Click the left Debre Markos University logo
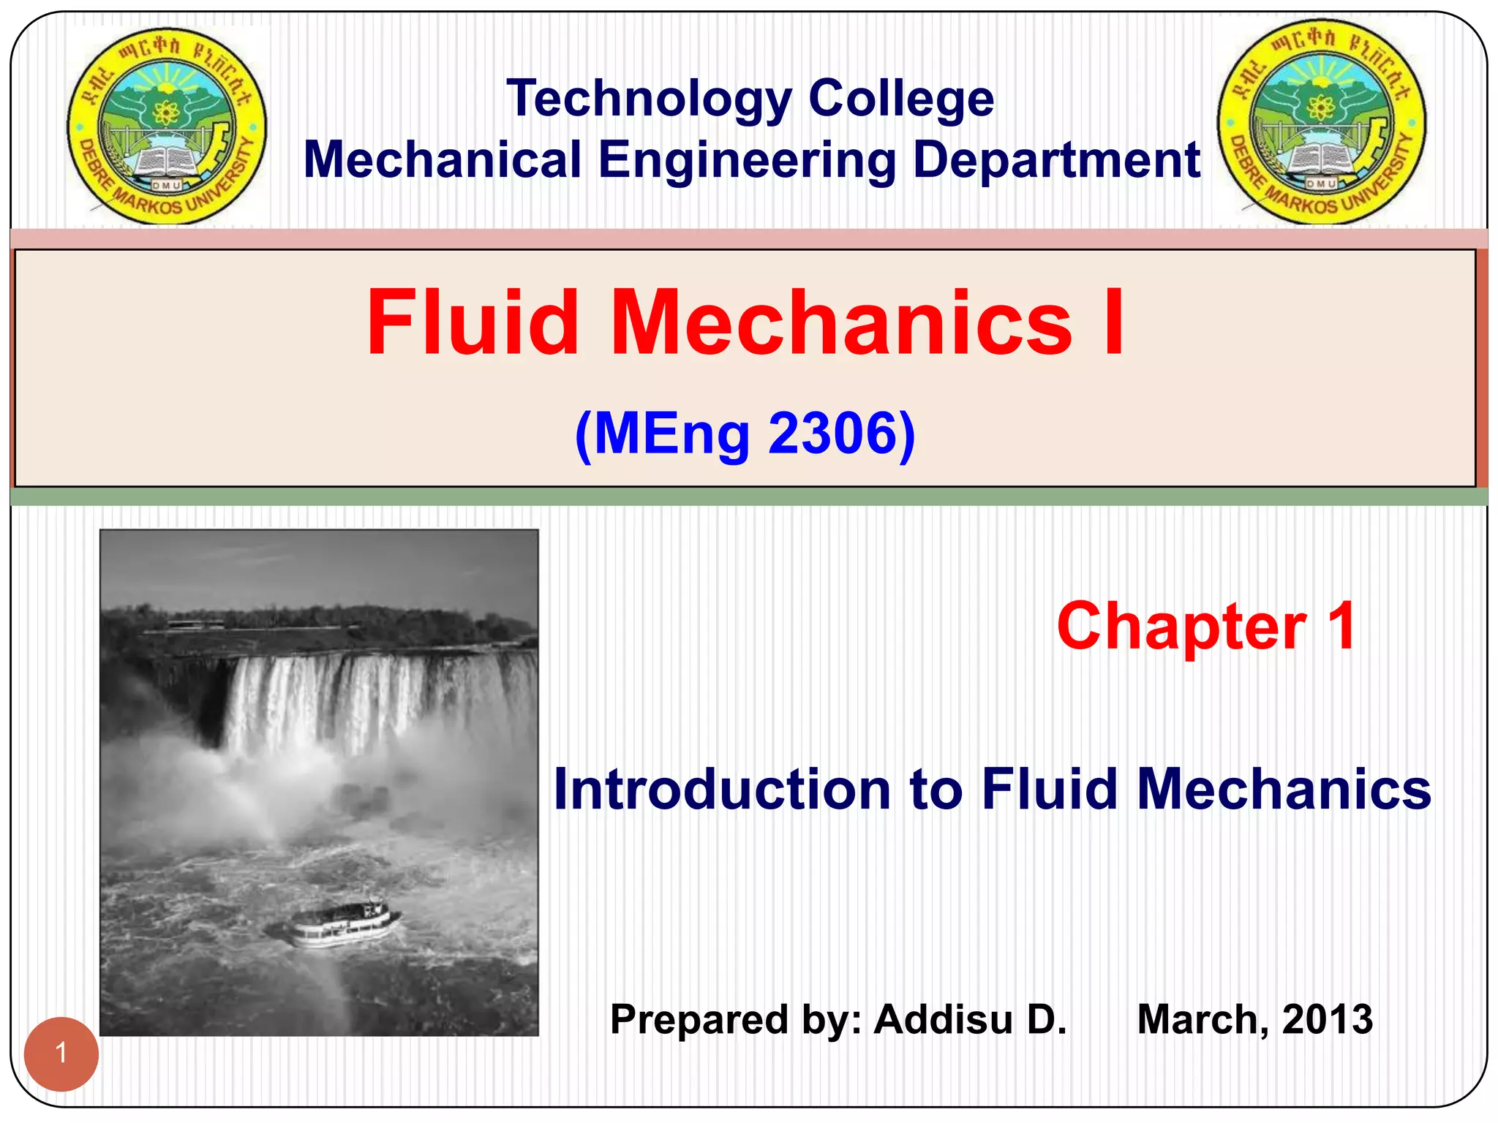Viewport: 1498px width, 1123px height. pos(167,126)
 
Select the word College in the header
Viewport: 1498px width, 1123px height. pos(901,99)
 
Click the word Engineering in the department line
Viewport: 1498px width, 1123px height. pos(747,160)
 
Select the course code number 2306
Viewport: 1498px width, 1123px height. pos(832,434)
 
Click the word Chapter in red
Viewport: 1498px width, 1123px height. pos(1181,627)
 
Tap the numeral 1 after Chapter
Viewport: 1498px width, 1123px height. pos(1341,627)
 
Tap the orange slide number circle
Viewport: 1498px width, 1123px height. pos(61,1054)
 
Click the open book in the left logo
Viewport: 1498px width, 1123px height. pos(166,162)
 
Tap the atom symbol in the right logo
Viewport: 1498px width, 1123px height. pos(1321,109)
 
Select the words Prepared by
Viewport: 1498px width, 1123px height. pos(736,1019)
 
